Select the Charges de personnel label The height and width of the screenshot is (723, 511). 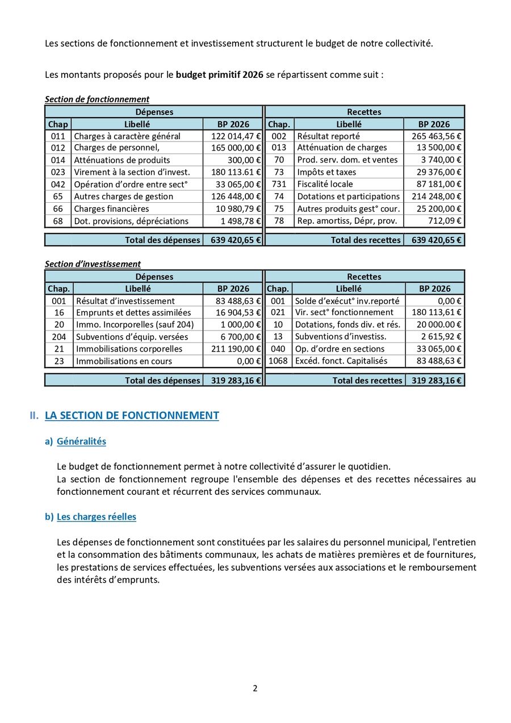(x=120, y=148)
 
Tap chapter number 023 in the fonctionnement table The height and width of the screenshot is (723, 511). (x=58, y=172)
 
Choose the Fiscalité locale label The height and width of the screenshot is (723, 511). (x=325, y=184)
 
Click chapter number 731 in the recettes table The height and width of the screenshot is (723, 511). (x=279, y=184)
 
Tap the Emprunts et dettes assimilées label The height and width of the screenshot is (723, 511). (x=133, y=312)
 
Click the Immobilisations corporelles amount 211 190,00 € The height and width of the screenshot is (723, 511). (x=236, y=349)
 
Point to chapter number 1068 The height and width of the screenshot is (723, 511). (x=278, y=361)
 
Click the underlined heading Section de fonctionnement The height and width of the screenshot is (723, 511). (x=97, y=99)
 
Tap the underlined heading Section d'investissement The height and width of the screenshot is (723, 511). (x=93, y=264)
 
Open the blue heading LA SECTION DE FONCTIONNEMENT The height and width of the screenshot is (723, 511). (x=132, y=416)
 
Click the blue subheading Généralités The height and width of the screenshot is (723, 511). (x=81, y=441)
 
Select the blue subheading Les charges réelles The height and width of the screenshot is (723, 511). (x=96, y=517)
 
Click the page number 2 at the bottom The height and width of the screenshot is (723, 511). (x=255, y=688)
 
